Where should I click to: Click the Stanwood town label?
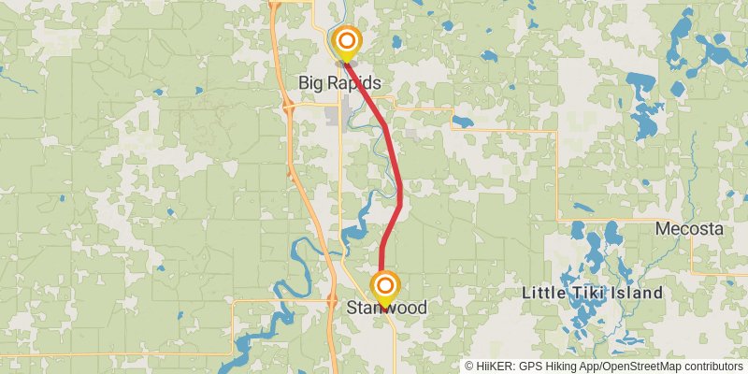tap(386, 308)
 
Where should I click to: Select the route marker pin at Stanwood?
tap(383, 286)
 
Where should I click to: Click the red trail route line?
tap(399, 178)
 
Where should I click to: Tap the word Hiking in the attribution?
tap(568, 367)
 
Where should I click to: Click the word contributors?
tap(712, 367)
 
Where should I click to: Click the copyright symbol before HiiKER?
tap(470, 367)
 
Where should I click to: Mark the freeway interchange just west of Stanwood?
tap(333, 300)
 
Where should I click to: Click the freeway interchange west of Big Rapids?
tap(289, 108)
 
